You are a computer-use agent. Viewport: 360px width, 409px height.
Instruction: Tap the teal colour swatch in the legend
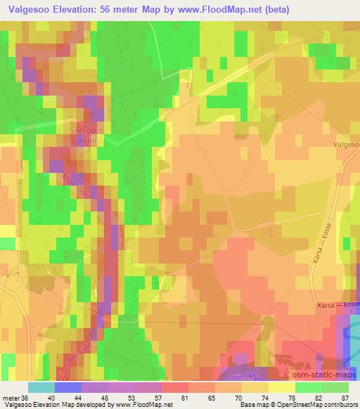41,387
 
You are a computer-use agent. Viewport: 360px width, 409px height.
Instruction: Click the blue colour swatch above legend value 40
68,387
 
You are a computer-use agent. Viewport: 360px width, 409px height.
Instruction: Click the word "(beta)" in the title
267,8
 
